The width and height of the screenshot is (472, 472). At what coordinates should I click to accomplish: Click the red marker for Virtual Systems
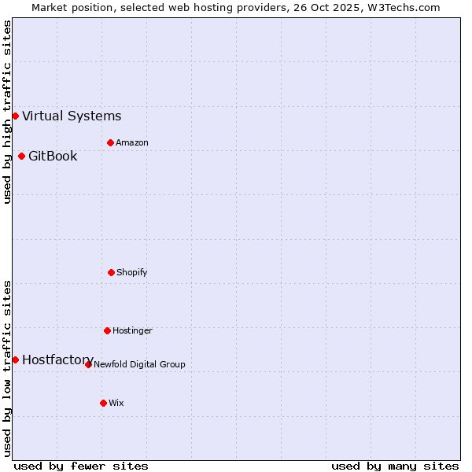click(15, 116)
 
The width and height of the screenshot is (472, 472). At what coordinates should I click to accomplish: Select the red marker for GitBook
click(21, 156)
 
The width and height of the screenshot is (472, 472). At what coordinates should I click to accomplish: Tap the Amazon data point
click(110, 142)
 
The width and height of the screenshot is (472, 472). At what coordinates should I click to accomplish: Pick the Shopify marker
click(111, 272)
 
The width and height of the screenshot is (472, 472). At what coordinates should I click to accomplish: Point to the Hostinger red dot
click(107, 330)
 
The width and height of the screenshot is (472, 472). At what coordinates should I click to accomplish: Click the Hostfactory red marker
click(15, 360)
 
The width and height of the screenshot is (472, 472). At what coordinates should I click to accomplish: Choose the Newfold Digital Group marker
click(88, 364)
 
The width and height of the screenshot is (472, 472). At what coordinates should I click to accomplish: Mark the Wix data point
click(103, 403)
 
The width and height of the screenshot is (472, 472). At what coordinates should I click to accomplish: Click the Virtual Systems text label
click(72, 116)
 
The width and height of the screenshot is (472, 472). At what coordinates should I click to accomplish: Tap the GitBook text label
click(53, 156)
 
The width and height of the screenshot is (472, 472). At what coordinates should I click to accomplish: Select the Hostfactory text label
click(57, 360)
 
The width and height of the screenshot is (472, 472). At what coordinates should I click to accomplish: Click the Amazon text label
click(131, 142)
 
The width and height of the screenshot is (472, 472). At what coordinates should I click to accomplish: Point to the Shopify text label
click(131, 272)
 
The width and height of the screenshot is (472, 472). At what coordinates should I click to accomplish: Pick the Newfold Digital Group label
click(139, 364)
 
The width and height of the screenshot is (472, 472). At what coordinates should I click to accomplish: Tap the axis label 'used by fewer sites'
click(81, 466)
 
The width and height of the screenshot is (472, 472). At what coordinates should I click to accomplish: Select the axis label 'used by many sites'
click(395, 466)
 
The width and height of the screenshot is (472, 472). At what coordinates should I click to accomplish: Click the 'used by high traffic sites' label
click(7, 112)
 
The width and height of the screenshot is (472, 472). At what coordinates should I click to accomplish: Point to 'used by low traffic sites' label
click(7, 368)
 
